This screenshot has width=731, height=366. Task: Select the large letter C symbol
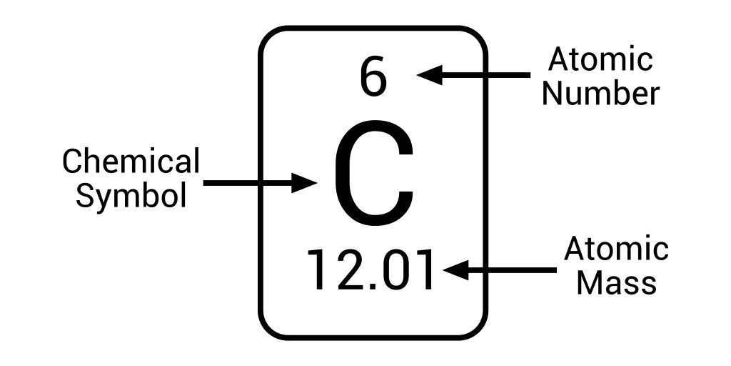click(373, 172)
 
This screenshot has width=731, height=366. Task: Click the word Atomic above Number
click(600, 59)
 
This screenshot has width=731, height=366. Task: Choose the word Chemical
click(131, 161)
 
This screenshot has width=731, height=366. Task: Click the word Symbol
click(131, 195)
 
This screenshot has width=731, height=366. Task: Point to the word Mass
click(617, 282)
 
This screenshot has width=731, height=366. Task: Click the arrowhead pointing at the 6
click(429, 74)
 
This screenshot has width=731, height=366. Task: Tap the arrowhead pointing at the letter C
click(304, 182)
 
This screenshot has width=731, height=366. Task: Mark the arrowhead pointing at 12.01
click(456, 269)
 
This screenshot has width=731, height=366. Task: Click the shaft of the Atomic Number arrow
click(486, 74)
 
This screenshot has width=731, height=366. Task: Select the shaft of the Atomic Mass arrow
click(513, 269)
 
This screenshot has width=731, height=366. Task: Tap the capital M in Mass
click(589, 282)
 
